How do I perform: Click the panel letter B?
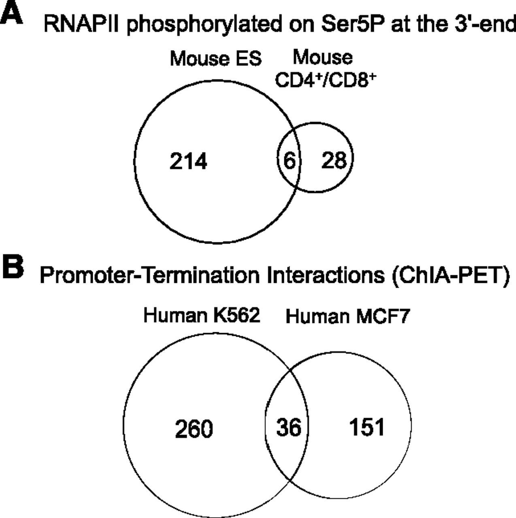click(13, 268)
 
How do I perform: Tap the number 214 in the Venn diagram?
click(188, 161)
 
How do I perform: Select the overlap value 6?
click(290, 161)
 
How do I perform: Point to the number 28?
click(334, 161)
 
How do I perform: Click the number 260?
click(194, 429)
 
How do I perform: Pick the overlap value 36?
click(289, 427)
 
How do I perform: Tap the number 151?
click(367, 427)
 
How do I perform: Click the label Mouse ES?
click(216, 59)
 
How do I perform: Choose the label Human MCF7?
click(348, 316)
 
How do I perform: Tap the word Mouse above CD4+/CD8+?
click(322, 57)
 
